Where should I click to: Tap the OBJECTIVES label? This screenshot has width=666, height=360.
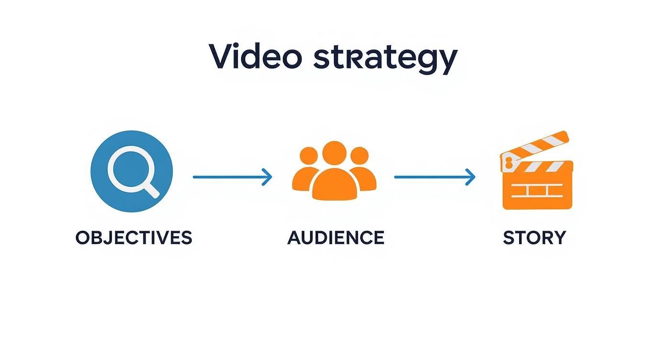point(133,238)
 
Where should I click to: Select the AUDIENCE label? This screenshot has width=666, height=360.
point(335,238)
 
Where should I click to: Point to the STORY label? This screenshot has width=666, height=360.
point(534,238)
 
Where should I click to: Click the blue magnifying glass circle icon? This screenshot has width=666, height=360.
point(132,171)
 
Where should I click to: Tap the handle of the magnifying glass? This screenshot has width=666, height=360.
point(152,190)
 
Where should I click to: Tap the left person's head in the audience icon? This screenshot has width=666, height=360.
point(308,156)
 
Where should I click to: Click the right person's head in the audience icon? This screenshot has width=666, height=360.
point(360,156)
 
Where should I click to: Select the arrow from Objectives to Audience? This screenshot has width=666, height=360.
point(232,177)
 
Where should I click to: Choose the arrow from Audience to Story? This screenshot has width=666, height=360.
point(434,177)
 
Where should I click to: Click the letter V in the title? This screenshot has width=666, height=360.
point(221,57)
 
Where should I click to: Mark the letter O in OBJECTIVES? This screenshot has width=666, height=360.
point(82,238)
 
